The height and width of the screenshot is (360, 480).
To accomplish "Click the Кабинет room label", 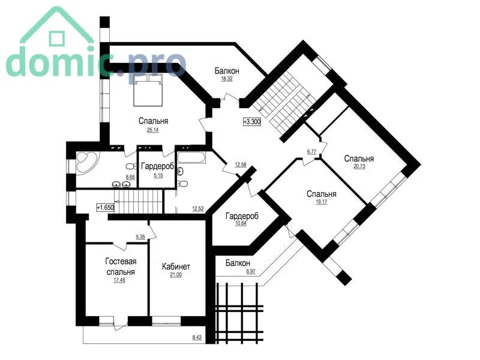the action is (x=176, y=266).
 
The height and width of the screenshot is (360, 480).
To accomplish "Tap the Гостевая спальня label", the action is (x=121, y=266).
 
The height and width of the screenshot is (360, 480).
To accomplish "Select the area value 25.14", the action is (x=153, y=130).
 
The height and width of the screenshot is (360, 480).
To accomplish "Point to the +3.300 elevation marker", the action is (x=252, y=122).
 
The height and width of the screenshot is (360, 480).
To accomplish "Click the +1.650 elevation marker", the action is (x=106, y=207).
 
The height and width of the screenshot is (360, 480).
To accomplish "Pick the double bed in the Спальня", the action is (x=148, y=90).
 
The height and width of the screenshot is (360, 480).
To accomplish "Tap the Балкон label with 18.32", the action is (x=227, y=71).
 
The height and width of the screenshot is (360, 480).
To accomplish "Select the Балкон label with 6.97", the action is (x=238, y=263).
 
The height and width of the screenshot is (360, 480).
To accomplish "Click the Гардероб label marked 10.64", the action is (x=242, y=216).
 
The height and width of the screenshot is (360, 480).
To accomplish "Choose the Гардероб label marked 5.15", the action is (x=158, y=166).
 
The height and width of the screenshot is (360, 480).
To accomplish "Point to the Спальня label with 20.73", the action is (x=359, y=158).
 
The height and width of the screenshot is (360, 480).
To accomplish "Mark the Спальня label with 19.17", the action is (x=322, y=194).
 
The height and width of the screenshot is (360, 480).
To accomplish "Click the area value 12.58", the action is (x=241, y=164).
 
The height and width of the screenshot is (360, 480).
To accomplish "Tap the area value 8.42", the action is (x=197, y=338).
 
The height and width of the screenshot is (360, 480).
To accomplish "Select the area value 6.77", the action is (x=311, y=151).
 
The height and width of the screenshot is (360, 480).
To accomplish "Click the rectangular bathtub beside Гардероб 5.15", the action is (x=192, y=157).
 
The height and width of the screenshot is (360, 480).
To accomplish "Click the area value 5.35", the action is (x=140, y=236).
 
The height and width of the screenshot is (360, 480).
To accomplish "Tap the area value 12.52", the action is (x=198, y=209).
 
